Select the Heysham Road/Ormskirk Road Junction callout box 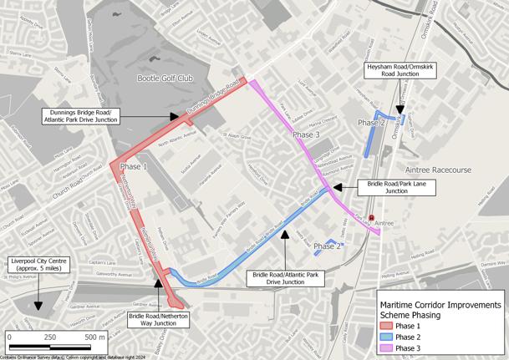[400, 70]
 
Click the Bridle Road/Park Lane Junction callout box [396, 186]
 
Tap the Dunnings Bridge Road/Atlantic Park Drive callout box [82, 116]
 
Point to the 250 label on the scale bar [49, 337]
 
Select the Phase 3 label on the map [305, 134]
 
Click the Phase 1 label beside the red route [134, 167]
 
